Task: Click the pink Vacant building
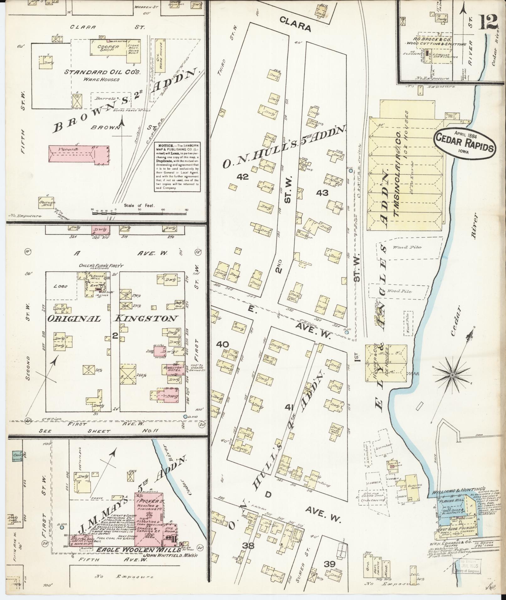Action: pos(78,155)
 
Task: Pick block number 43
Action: pos(322,193)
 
